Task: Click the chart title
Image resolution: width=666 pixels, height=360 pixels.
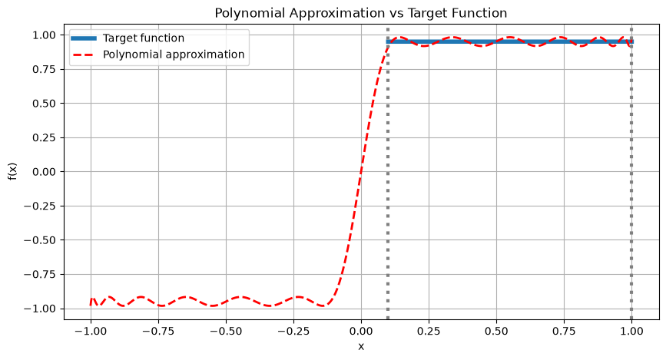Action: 360,13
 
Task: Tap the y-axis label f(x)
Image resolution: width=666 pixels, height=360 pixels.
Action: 12,171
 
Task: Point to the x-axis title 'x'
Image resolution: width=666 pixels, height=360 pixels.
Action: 361,346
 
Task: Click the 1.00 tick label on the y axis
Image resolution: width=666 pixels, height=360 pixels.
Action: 45,35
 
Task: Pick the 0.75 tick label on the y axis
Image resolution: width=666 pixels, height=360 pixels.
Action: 45,69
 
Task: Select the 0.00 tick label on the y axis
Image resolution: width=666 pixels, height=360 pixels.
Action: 45,172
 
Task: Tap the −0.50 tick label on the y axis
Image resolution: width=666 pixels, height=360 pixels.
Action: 39,240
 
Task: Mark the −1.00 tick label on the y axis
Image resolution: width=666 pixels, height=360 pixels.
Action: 39,309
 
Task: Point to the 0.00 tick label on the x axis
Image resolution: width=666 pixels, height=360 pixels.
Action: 361,331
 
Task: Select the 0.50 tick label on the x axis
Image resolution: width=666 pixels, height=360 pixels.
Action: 496,331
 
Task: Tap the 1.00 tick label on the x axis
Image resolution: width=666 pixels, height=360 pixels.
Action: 631,331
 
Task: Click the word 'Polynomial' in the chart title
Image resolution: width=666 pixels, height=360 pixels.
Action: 250,14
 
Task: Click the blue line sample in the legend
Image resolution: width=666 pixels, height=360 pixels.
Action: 84,38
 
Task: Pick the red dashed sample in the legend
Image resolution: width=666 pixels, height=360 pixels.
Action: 84,54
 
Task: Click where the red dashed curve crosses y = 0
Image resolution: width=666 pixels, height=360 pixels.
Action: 361,172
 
